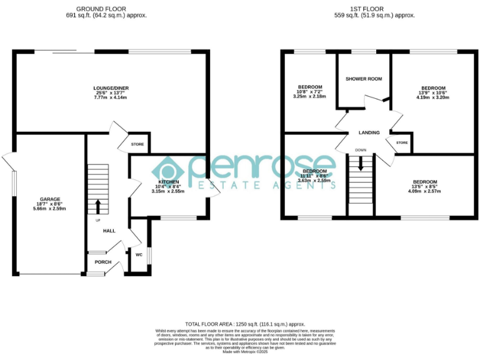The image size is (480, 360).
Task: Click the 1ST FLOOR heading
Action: point(374,9)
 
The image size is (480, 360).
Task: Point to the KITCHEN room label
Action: point(168,182)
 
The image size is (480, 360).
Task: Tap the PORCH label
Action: point(102,262)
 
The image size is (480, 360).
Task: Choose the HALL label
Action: point(109,231)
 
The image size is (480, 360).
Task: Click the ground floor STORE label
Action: point(137,144)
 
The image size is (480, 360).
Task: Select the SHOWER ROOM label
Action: point(364,79)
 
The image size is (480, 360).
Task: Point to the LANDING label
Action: point(369,133)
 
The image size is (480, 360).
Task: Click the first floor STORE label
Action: point(402,143)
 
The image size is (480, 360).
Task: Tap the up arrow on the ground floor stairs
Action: point(97,206)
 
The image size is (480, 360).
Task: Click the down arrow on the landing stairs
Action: point(361,164)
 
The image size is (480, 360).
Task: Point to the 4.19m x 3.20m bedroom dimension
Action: point(433,98)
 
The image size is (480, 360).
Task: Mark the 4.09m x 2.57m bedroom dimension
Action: point(424,191)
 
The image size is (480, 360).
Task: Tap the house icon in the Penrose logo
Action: point(169,171)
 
